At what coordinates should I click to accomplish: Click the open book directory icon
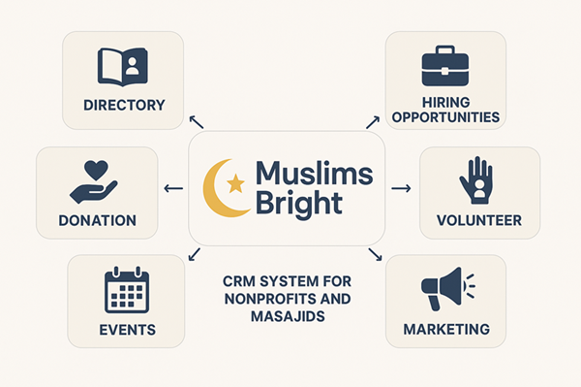coord(123,67)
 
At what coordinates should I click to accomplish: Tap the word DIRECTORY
coord(124,106)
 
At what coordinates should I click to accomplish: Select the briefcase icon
coord(445,66)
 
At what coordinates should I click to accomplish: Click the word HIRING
coord(446,102)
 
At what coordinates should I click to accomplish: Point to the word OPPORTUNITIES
coord(445,117)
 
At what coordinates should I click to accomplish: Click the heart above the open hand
coord(96,171)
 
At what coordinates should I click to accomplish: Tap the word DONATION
coord(98,221)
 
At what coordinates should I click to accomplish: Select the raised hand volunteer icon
coord(476,180)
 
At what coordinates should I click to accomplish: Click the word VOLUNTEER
coord(479,221)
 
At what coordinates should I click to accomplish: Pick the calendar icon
coord(127,290)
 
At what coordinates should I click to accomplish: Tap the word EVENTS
coord(128,330)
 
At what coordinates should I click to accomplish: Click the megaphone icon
coord(447,288)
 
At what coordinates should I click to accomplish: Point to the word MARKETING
coord(446,330)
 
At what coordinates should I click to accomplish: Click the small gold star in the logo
coord(235,183)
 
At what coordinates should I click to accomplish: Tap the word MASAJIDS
coord(288,316)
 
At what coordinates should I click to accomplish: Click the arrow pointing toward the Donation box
coord(173,188)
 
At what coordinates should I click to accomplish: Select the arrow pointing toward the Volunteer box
coord(401,188)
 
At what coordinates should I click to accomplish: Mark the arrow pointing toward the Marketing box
coord(375,254)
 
